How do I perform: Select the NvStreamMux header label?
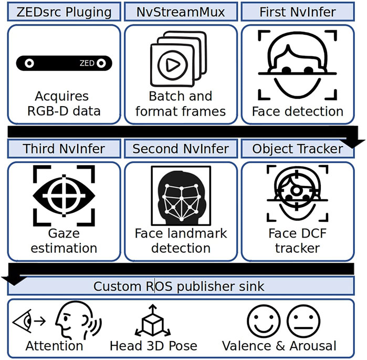(181, 12)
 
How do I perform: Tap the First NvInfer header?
(297, 12)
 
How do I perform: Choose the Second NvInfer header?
(181, 149)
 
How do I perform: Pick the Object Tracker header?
(297, 149)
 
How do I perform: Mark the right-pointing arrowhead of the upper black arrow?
(357, 139)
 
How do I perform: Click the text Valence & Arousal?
(279, 345)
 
